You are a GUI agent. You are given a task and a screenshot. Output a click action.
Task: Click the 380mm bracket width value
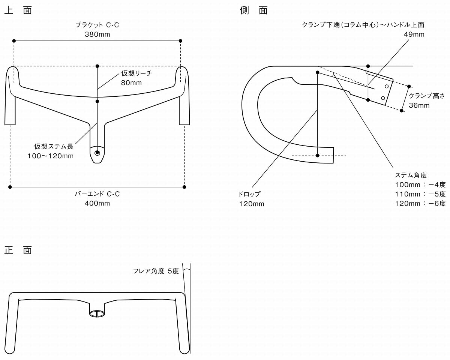coord(97,34)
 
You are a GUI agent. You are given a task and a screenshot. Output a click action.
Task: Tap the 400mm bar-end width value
coord(97,203)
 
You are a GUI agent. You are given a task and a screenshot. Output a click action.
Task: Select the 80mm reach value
coord(131,83)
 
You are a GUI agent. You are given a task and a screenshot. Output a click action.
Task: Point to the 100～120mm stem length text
coord(51,156)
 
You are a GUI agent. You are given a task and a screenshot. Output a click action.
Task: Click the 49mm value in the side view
coord(414,34)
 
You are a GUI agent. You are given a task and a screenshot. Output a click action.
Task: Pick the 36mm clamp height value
coord(419,105)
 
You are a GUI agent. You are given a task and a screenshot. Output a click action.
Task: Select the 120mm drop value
coord(252,204)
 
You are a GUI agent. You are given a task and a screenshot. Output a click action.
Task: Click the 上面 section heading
coord(18,10)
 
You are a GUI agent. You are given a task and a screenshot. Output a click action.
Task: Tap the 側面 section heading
coord(254,10)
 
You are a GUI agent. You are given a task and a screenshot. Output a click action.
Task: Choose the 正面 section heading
coord(18,250)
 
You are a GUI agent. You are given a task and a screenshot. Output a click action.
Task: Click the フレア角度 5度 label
coord(156,271)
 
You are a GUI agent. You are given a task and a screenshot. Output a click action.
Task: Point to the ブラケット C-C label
coord(97,25)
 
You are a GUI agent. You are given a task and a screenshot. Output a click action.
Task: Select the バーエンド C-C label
coord(97,194)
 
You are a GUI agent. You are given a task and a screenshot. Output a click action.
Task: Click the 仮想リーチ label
coord(136,73)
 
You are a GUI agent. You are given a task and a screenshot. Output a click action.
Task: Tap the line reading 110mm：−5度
coord(420,194)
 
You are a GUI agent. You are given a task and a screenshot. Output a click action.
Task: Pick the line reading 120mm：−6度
coord(420,203)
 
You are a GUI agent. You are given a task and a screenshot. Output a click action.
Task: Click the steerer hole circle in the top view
coord(97,153)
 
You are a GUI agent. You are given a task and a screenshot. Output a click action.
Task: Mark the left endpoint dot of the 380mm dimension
coord(14,40)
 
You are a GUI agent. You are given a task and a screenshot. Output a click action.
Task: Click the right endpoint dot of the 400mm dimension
coord(184,186)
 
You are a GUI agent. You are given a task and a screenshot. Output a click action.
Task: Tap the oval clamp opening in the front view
coord(97,313)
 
